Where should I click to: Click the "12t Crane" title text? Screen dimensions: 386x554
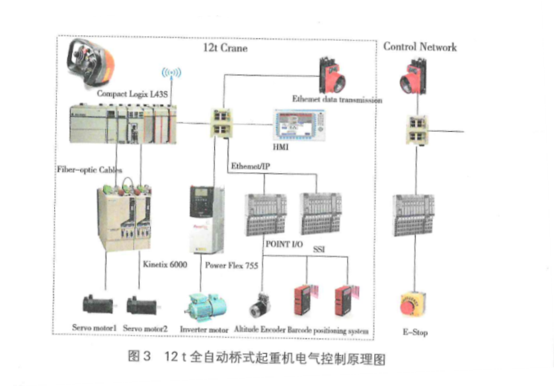coord(225,48)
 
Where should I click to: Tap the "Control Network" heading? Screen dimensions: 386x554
coord(420,46)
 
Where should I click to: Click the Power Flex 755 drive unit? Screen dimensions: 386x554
coord(204,218)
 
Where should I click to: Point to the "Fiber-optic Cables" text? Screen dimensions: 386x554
coord(89,170)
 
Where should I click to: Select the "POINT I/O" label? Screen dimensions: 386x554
coord(284,244)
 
